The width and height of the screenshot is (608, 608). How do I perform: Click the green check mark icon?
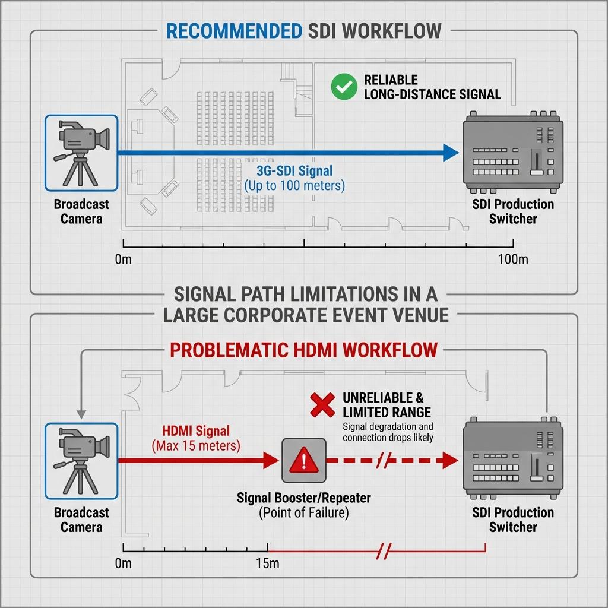(x=344, y=87)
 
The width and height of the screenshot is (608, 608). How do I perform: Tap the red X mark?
(x=322, y=405)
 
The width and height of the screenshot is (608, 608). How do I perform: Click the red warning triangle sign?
(x=303, y=460)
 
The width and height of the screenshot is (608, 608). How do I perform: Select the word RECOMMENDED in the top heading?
(x=234, y=31)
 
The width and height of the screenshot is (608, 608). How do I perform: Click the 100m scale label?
(x=513, y=259)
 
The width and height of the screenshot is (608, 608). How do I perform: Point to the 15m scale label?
(x=268, y=563)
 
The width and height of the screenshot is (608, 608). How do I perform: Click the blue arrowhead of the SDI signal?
(x=451, y=153)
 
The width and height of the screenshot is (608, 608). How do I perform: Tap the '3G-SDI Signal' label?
(x=294, y=170)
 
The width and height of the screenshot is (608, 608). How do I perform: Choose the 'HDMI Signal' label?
(x=196, y=431)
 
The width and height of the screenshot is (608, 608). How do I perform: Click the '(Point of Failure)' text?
(x=303, y=512)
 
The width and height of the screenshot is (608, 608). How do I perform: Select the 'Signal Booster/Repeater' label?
(x=303, y=498)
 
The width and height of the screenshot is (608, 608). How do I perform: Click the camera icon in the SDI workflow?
(x=81, y=153)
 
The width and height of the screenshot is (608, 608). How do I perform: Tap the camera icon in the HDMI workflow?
(x=81, y=461)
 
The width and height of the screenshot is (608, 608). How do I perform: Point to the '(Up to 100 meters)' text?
(x=294, y=186)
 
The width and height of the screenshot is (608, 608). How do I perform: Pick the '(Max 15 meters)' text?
(x=196, y=446)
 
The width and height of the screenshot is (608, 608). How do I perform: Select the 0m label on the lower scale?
(x=123, y=563)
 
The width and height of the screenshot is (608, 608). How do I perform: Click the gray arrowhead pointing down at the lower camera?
(x=81, y=414)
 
